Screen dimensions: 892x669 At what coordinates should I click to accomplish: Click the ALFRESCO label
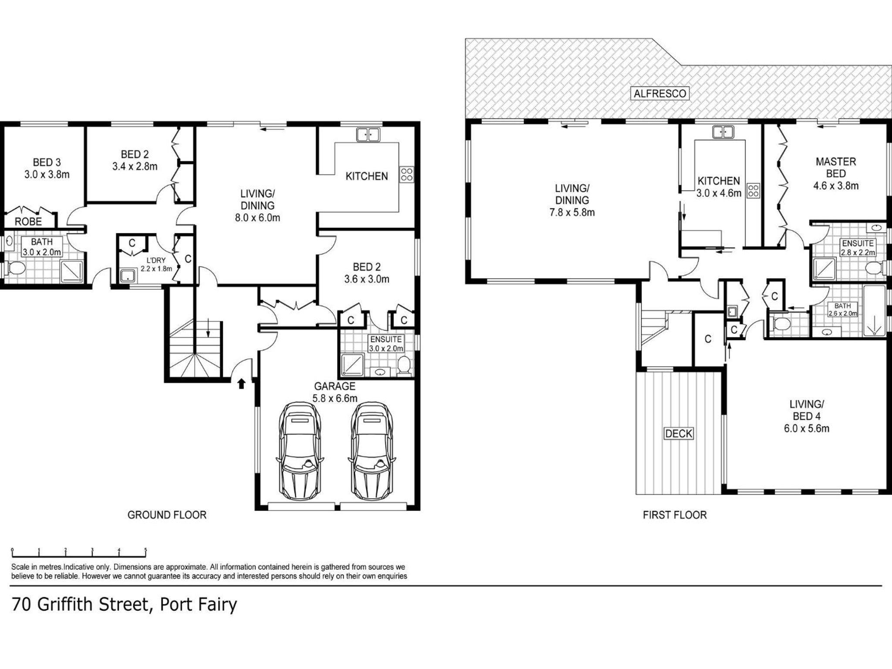[660, 93]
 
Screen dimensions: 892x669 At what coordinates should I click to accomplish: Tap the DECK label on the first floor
[679, 433]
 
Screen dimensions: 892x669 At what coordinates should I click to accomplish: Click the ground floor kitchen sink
[368, 134]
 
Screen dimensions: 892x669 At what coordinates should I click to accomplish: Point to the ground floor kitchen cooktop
[407, 174]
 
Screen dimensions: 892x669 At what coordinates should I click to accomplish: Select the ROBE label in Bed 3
[28, 221]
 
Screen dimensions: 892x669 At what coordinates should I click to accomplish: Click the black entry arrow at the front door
[241, 383]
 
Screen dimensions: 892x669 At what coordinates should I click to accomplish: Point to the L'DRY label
[156, 260]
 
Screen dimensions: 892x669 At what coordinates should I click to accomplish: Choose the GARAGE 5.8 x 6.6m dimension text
[335, 398]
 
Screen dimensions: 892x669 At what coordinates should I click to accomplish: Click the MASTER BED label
[836, 167]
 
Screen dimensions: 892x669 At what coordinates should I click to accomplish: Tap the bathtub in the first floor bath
[874, 311]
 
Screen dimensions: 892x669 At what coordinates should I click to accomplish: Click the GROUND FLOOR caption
[167, 515]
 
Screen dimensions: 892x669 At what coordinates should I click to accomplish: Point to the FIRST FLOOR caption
[675, 515]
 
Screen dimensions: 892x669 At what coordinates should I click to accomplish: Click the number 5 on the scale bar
[145, 550]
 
